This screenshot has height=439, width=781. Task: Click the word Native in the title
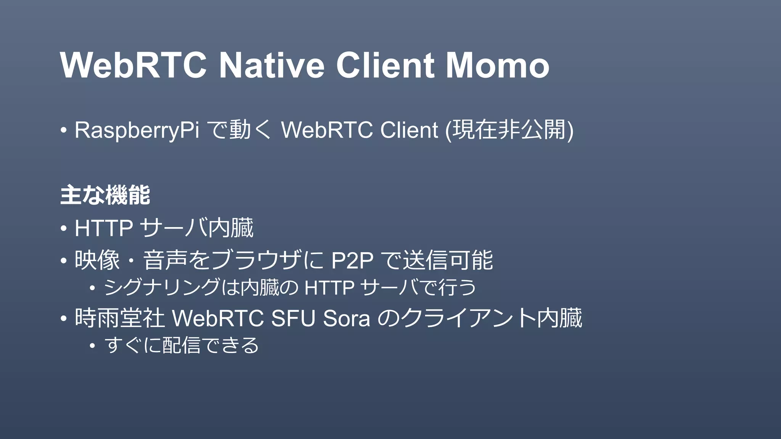tap(272, 65)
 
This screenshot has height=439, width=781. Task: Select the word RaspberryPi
tap(137, 130)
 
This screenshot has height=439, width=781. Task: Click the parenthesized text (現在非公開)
tap(509, 130)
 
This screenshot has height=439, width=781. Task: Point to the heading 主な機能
tap(105, 195)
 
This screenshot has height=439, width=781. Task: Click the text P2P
tap(352, 261)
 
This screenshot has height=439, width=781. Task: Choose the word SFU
tap(293, 318)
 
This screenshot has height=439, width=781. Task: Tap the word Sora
tap(346, 318)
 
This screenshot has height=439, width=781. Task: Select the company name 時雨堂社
tap(119, 318)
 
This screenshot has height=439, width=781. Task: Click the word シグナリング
tap(162, 287)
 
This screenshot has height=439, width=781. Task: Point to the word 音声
tap(165, 261)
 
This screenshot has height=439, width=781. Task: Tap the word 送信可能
tap(448, 261)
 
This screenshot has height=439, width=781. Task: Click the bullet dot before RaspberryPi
tap(64, 131)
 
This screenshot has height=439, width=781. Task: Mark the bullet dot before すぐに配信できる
tap(92, 346)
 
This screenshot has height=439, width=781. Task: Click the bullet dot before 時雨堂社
tap(64, 319)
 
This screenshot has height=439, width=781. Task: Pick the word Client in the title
tap(385, 65)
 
